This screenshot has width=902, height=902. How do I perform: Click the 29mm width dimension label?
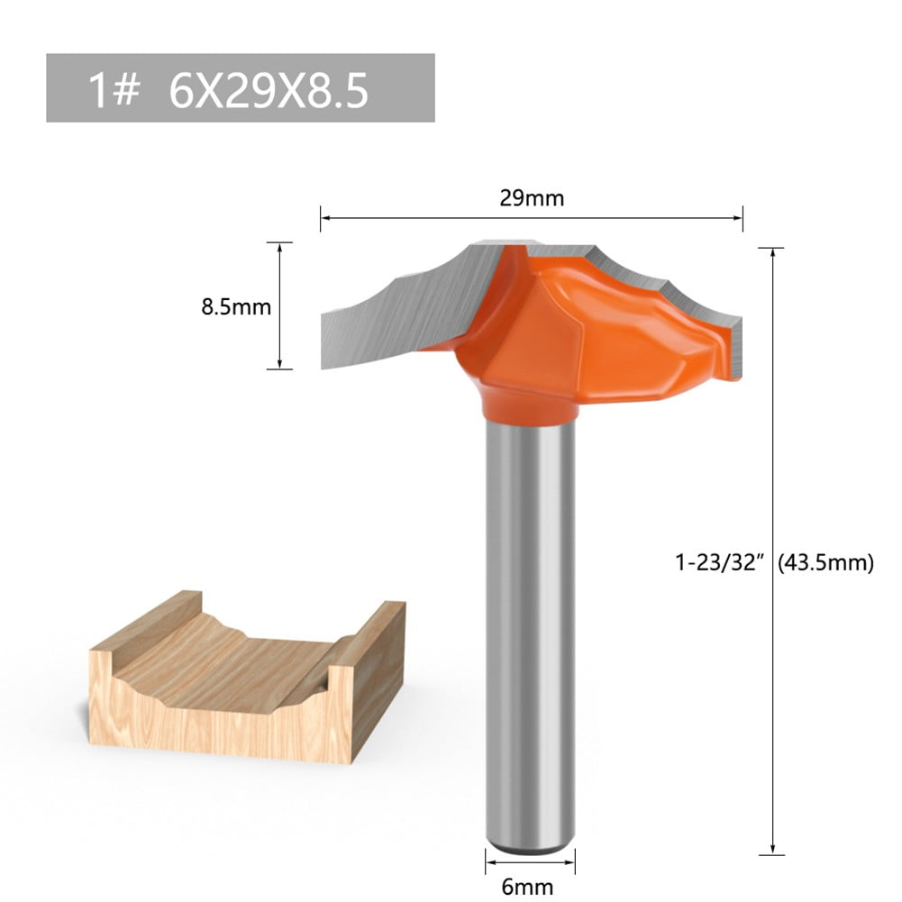532,198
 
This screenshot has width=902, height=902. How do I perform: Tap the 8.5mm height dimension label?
235,306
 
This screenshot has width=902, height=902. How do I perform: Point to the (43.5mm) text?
828,563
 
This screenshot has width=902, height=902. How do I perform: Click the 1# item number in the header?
114,90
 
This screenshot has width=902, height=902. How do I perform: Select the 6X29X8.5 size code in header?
268,90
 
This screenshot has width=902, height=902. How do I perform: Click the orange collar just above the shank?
530,405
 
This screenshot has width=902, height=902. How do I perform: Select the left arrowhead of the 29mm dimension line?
324,217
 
